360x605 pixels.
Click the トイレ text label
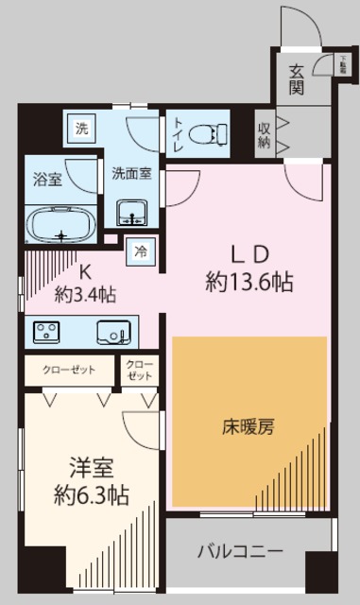(178, 134)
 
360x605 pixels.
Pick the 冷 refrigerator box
(141, 251)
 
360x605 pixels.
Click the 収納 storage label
(263, 133)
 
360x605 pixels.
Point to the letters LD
(249, 255)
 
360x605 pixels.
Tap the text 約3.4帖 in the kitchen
(85, 294)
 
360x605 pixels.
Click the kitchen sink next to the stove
(112, 332)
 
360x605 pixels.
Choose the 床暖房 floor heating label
(248, 427)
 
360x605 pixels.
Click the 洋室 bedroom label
(91, 467)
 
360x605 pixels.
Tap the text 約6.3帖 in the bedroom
(91, 494)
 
